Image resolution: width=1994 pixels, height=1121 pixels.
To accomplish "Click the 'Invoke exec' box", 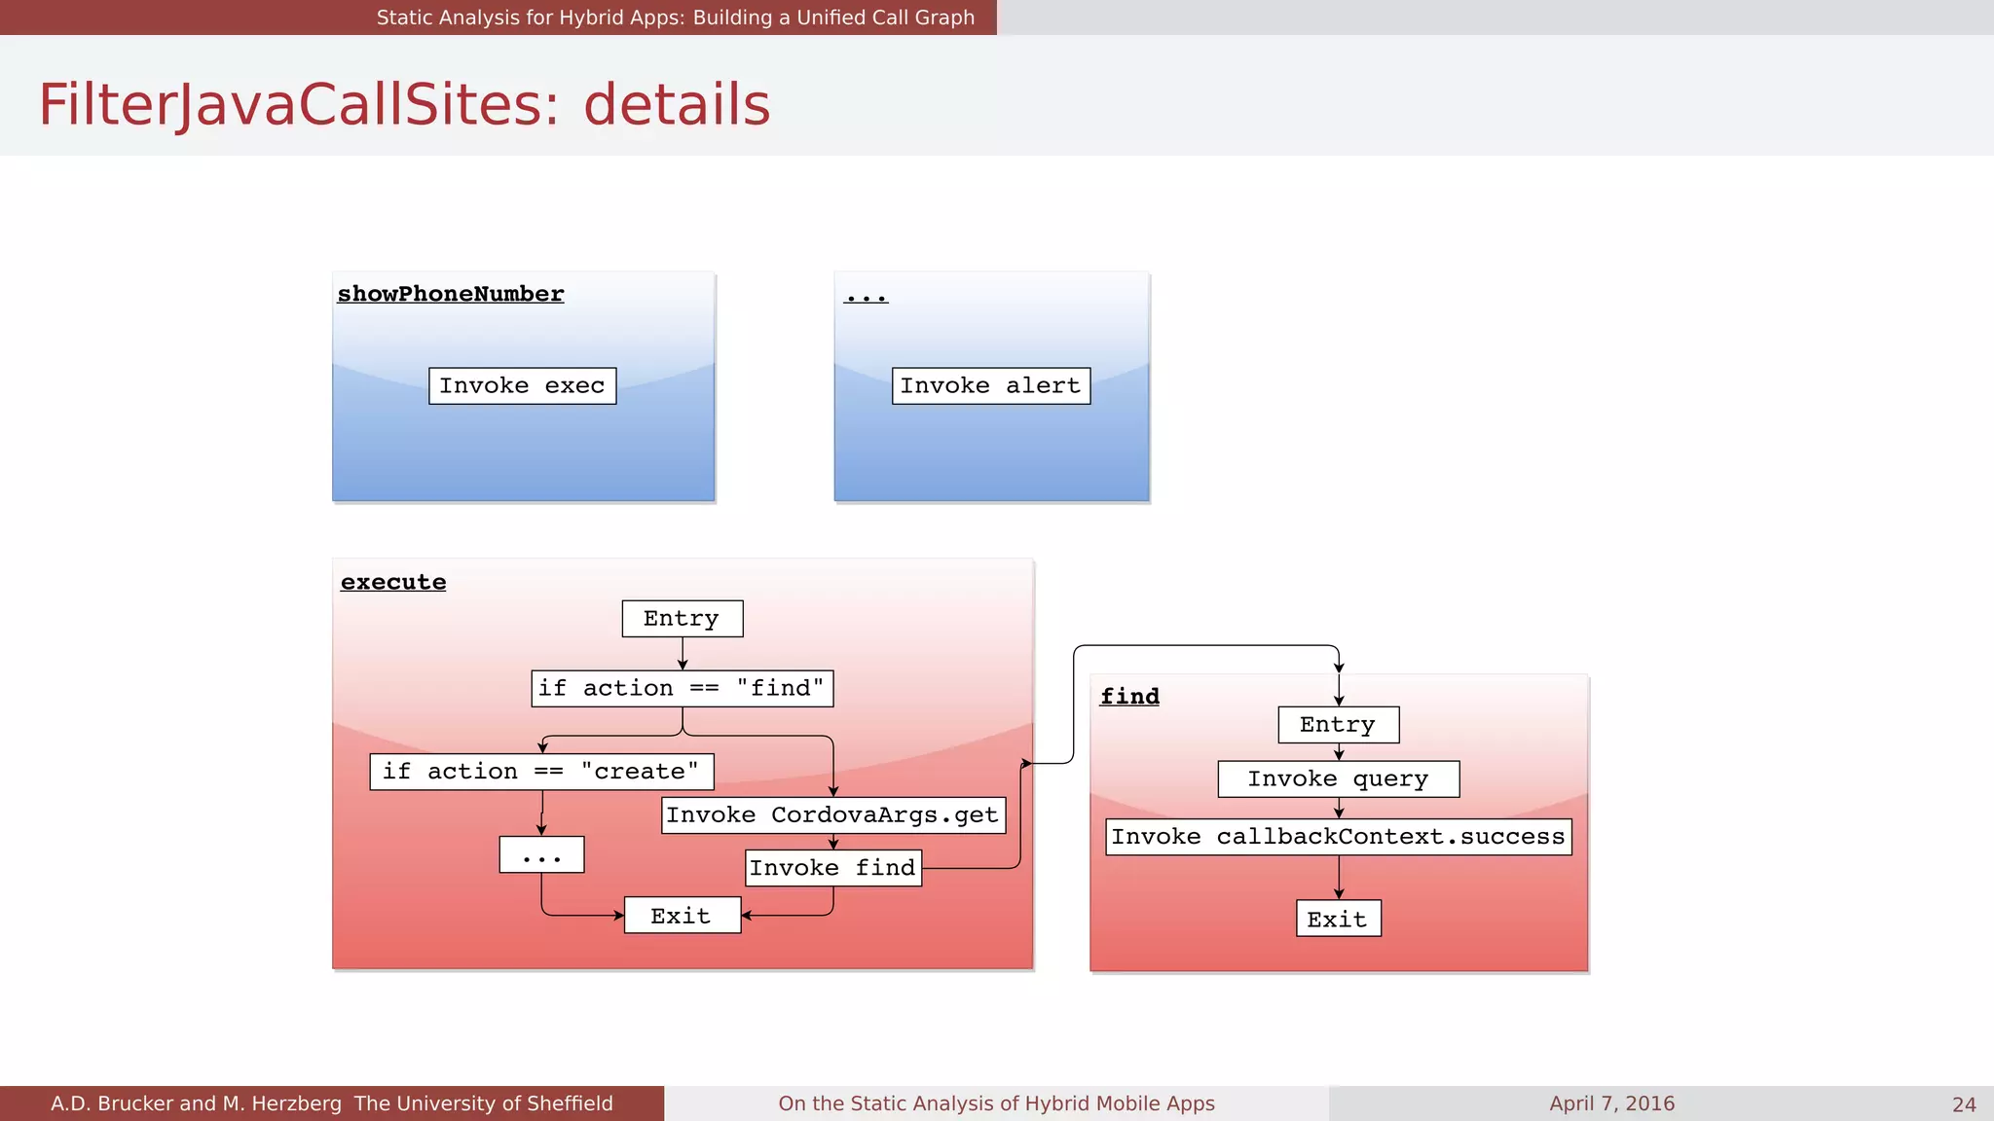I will tap(522, 386).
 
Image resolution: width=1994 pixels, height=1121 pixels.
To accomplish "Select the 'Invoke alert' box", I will tap(990, 386).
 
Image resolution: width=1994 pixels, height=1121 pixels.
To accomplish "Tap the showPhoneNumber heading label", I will tap(450, 294).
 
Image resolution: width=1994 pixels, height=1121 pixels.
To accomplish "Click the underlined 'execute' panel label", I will tap(393, 582).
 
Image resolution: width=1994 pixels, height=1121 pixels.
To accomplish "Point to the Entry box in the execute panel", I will tap(682, 619).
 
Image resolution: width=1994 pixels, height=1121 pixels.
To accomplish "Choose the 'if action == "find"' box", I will tap(682, 689).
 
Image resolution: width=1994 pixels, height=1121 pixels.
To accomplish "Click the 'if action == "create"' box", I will tap(541, 772).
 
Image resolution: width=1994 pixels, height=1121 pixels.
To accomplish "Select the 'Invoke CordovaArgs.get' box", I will tap(832, 815).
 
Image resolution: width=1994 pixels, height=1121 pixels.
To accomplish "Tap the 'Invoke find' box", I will tap(832, 868).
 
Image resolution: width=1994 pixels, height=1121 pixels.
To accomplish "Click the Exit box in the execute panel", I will tap(682, 916).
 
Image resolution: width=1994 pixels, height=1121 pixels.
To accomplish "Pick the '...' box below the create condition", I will tap(541, 855).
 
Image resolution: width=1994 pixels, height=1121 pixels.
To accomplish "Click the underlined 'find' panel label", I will tap(1129, 697).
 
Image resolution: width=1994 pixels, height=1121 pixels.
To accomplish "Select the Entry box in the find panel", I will tap(1338, 725).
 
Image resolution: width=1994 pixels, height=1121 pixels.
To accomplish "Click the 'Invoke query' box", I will tap(1338, 779).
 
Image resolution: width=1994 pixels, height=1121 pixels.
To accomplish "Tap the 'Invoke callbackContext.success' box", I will tap(1338, 837).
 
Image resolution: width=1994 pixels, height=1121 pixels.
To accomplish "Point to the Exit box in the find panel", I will tap(1338, 920).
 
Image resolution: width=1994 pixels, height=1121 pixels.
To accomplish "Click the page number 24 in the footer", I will tap(1964, 1104).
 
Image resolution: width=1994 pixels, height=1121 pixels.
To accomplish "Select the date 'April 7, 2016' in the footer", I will tap(1611, 1103).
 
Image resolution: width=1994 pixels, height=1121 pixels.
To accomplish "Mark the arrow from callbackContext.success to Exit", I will tap(1339, 878).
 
